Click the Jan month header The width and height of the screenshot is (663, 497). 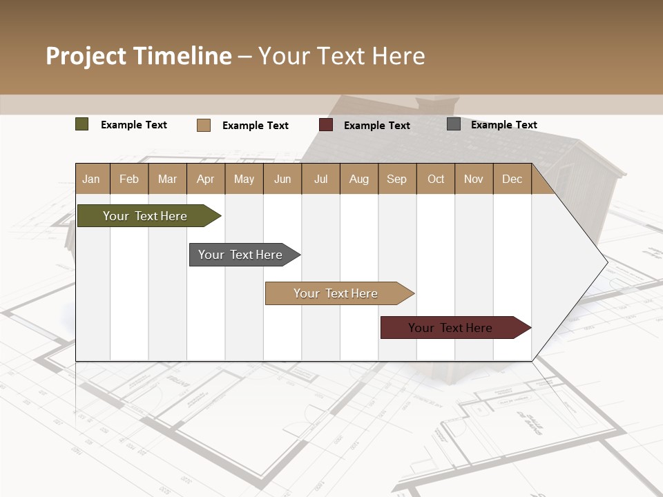(x=92, y=179)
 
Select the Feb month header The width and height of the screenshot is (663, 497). (x=129, y=179)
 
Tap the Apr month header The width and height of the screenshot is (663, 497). (x=206, y=179)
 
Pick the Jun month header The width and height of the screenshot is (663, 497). (x=282, y=179)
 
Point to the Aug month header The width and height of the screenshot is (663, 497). (x=359, y=179)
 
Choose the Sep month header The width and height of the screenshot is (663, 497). (x=397, y=179)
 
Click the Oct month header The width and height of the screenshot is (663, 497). (x=436, y=179)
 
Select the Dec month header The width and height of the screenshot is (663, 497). (x=512, y=179)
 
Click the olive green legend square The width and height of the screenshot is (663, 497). (x=82, y=124)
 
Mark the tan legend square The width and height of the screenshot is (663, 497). (x=204, y=125)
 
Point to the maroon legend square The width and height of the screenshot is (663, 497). (x=326, y=125)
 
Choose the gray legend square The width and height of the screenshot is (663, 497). (x=454, y=124)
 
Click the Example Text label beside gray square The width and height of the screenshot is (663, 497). (x=504, y=125)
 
